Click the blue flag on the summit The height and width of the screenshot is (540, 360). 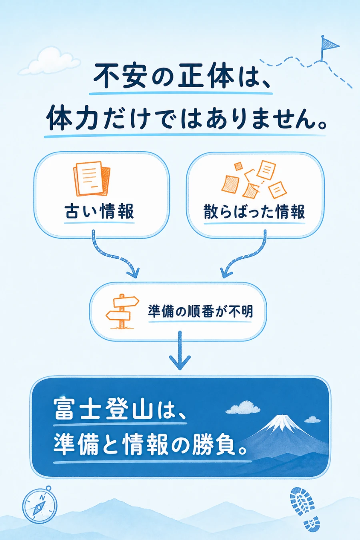pyautogui.click(x=329, y=44)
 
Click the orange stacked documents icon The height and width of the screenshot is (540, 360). pyautogui.click(x=91, y=179)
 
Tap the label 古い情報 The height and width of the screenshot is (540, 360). pyautogui.click(x=99, y=211)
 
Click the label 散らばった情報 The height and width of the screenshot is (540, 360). pyautogui.click(x=254, y=212)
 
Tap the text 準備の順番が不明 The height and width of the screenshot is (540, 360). pyautogui.click(x=200, y=311)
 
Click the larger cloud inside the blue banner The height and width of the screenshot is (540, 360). pyautogui.click(x=243, y=408)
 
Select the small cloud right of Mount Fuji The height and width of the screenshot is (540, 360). pyautogui.click(x=312, y=420)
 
